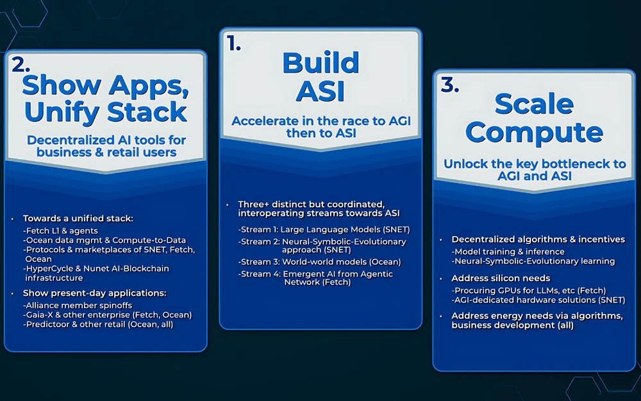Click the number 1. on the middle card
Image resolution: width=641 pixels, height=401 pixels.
[234, 44]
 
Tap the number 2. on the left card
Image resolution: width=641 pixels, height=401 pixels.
[21, 64]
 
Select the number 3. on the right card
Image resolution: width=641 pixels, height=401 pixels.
[450, 85]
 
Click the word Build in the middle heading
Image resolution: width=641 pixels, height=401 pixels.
[320, 63]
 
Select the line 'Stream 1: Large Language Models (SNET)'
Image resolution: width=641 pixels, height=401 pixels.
[324, 230]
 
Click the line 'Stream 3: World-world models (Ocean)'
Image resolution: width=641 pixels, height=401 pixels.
[320, 262]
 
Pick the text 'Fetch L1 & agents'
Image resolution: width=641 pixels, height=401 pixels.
[60, 231]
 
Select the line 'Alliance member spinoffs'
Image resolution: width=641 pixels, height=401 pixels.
[78, 305]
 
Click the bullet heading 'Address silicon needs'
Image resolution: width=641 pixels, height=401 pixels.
[501, 278]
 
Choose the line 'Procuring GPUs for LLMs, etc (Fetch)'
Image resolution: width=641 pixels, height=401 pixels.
[529, 291]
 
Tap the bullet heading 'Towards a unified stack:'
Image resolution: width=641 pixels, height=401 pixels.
[78, 219]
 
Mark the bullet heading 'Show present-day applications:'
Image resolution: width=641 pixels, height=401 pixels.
[94, 293]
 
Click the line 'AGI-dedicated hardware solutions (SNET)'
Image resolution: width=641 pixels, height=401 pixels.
[538, 300]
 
